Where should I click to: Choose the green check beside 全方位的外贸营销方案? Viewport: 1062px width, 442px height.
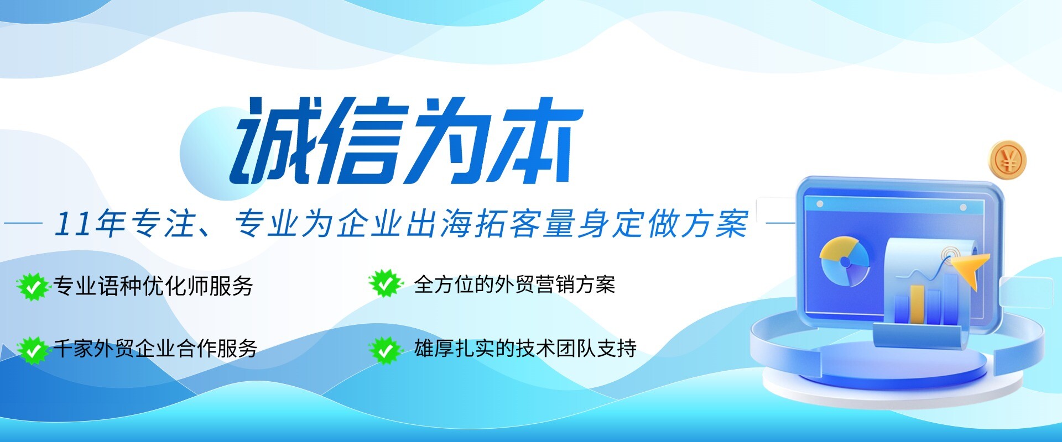(x=384, y=284)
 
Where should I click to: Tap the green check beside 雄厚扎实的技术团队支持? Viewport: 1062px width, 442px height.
(x=384, y=349)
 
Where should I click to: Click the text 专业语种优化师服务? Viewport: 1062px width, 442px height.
(x=153, y=286)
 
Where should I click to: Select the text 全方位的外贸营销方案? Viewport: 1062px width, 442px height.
(x=514, y=285)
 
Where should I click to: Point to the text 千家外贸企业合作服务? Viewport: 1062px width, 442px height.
(x=155, y=349)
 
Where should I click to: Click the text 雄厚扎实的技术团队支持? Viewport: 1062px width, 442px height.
(x=525, y=349)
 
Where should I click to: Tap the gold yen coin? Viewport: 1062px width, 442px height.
(x=1007, y=160)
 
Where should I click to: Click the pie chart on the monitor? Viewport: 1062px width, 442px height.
(x=844, y=261)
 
